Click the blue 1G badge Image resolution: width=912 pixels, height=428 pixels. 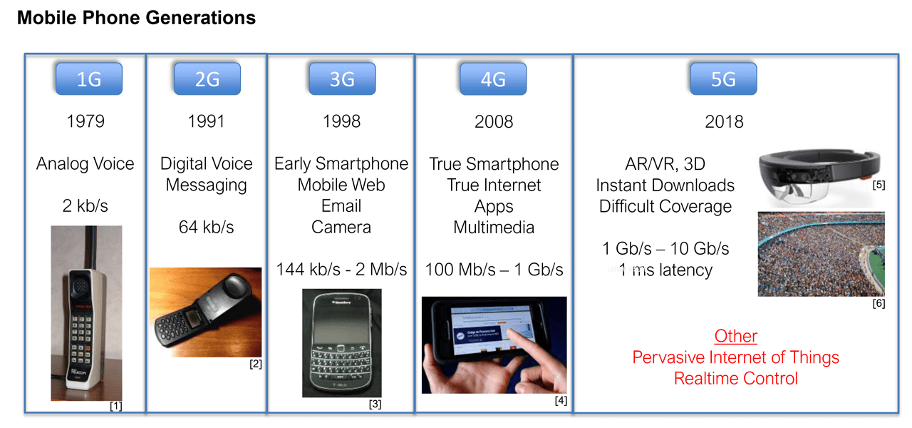click(89, 79)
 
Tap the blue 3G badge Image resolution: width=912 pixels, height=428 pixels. click(342, 79)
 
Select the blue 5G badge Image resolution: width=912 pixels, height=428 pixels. click(723, 79)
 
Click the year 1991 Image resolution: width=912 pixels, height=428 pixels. click(206, 122)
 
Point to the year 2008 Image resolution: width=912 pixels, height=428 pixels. click(494, 122)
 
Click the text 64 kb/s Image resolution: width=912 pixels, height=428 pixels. click(206, 228)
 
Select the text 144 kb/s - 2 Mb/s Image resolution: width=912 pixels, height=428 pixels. click(342, 270)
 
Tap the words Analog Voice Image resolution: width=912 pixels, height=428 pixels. click(85, 164)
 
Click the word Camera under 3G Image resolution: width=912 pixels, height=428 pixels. click(341, 228)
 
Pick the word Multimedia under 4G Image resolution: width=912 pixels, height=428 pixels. click(494, 228)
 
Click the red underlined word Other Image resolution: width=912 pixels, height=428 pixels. click(735, 336)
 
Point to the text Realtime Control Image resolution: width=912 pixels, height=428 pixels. click(735, 378)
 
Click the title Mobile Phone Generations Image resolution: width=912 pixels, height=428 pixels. click(136, 18)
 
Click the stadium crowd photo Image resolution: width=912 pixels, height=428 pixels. click(821, 253)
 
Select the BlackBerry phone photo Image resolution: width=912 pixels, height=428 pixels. click(342, 342)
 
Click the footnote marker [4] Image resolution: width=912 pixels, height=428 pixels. click(561, 400)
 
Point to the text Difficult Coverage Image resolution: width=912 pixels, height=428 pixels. click(665, 206)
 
